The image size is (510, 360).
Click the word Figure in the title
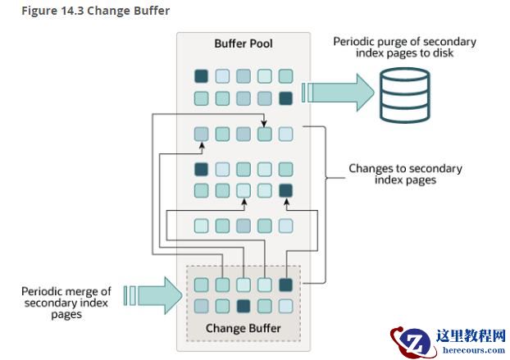24,11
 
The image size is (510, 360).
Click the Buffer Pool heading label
243,43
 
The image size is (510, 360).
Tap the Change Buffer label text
243,329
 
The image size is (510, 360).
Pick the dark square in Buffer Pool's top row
201,76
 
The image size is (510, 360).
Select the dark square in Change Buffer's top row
285,285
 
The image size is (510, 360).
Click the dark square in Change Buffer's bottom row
244,306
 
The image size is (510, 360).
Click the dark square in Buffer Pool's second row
285,98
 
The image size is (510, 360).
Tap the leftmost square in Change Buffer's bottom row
201,306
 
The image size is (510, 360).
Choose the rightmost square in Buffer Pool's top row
285,76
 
